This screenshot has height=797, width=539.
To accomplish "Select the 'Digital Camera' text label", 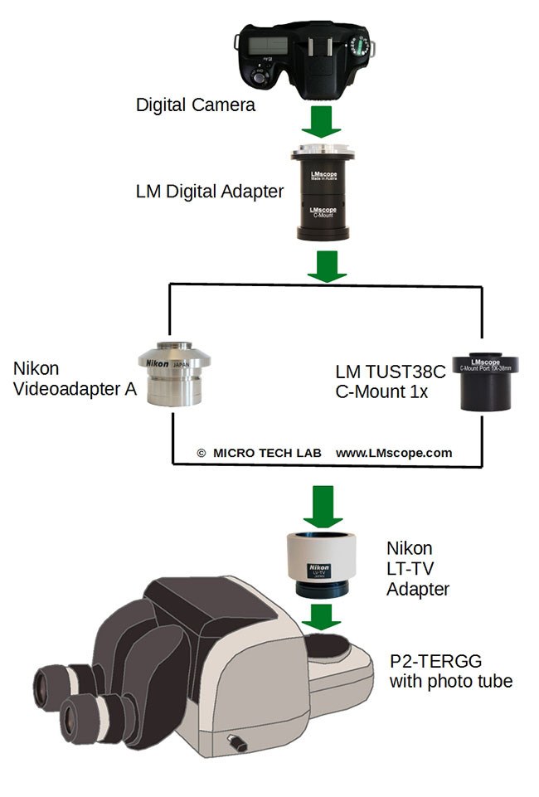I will tap(196, 105).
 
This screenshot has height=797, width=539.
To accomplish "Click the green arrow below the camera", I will tap(320, 121).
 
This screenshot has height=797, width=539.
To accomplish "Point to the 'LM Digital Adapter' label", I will tap(210, 192).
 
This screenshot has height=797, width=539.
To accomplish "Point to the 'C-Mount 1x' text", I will tap(382, 391).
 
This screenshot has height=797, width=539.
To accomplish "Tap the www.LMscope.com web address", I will tap(394, 453).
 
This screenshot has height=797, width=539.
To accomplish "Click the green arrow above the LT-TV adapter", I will tap(322, 504).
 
